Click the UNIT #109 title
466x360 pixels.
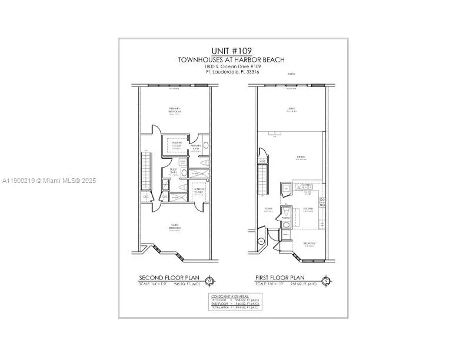[232, 51]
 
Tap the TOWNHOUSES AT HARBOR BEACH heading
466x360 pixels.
[232, 60]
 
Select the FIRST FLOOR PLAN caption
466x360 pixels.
[279, 278]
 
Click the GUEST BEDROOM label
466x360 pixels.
[175, 226]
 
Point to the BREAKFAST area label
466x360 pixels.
[309, 243]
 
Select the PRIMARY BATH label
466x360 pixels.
[195, 146]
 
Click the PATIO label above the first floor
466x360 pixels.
[291, 74]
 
